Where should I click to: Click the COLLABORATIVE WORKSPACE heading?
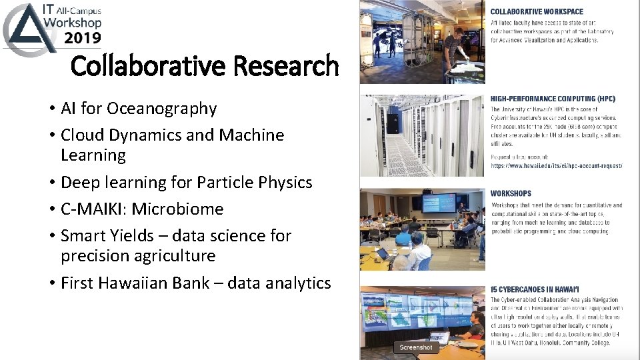[537, 11]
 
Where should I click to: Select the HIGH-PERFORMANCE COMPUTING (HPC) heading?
[553, 99]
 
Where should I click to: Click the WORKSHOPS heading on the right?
[511, 193]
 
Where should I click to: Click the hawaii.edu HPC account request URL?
[556, 165]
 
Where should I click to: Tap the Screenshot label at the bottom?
[416, 347]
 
